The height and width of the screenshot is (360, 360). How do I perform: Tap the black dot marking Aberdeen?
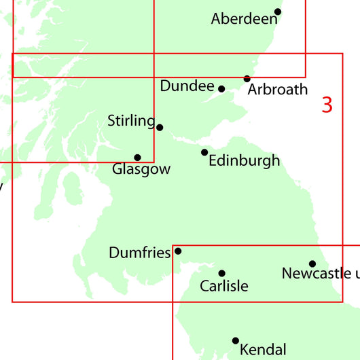coord(277,12)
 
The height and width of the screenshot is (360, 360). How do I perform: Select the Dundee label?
coord(187,86)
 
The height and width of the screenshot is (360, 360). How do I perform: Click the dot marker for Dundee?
coord(221,88)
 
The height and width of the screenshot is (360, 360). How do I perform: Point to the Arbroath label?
coord(278,89)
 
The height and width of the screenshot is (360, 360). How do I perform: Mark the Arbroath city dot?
coord(247,79)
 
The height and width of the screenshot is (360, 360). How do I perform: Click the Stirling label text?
coord(131,121)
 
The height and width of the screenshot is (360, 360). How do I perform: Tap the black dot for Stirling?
coord(160,127)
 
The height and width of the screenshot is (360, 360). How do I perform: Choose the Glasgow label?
coord(141,169)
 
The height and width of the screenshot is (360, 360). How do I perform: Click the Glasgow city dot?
coord(137,158)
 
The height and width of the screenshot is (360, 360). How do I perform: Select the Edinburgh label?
coord(245,161)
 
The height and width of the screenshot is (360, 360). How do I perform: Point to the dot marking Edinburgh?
coord(204,152)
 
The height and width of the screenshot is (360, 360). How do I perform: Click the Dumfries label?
coord(139,253)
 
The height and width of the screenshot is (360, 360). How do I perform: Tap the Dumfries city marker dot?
coord(178,251)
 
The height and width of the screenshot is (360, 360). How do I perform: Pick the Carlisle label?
coord(224,286)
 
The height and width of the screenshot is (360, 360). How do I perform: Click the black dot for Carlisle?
coord(221,273)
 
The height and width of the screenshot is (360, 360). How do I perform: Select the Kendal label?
coord(263,350)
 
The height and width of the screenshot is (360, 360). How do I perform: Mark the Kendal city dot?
coord(236,340)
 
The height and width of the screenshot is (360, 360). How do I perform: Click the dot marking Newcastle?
coord(312,264)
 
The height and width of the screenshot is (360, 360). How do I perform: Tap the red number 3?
coord(327,105)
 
